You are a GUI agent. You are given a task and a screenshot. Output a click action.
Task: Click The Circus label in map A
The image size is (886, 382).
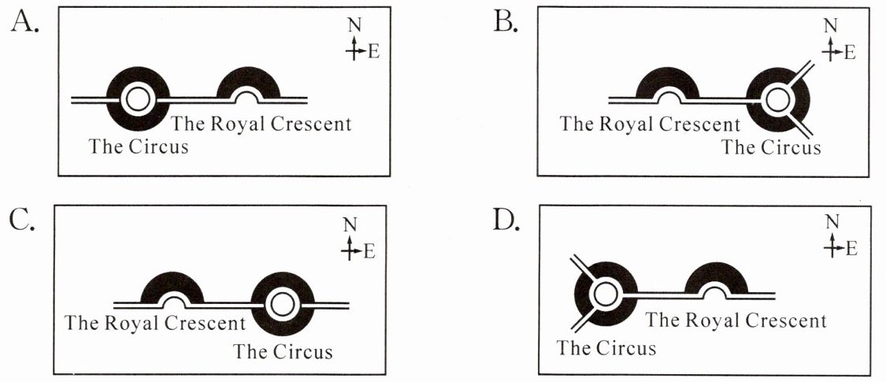coord(139,146)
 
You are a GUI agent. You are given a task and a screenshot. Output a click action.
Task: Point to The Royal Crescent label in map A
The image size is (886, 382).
coord(261,124)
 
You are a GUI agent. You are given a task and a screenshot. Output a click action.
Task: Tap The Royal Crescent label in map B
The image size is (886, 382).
coord(650,124)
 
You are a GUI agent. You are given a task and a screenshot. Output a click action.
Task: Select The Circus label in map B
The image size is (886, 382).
coord(771,146)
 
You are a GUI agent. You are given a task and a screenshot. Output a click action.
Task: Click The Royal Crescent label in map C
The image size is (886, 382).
coord(155,323)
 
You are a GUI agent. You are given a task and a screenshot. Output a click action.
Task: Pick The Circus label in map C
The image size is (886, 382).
coord(283,351)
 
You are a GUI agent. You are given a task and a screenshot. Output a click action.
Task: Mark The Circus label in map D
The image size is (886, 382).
coord(606,347)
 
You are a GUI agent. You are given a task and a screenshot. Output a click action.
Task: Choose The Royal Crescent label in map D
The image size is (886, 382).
coord(736,321)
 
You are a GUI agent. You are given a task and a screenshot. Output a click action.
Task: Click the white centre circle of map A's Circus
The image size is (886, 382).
coord(138,99)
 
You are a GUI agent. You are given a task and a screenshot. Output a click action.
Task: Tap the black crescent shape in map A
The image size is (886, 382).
coord(247,79)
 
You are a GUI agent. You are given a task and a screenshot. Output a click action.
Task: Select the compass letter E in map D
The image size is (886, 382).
coord(850,249)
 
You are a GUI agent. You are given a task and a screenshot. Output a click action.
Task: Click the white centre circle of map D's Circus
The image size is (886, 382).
coord(604,295)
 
